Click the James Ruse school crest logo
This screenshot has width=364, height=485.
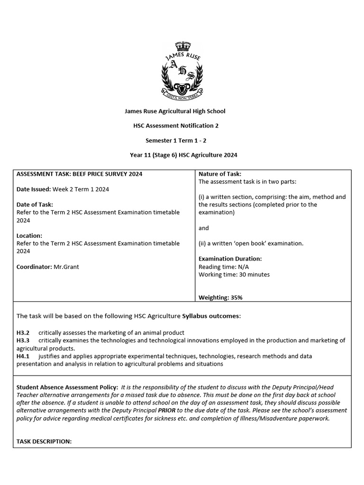182,71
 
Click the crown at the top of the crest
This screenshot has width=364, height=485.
182,47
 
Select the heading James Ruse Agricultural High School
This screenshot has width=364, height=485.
174,111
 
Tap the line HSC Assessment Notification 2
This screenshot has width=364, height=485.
175,126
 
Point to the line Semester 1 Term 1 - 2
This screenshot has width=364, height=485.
175,140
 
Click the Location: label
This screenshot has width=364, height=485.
29,235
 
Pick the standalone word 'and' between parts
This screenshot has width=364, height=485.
203,228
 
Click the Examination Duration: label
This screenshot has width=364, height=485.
230,259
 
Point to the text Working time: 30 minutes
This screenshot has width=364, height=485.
234,274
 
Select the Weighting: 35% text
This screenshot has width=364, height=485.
220,297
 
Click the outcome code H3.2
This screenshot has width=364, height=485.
23,332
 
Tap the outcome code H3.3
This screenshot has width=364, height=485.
23,340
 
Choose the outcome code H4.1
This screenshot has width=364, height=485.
23,356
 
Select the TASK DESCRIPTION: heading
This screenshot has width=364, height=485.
44,441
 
